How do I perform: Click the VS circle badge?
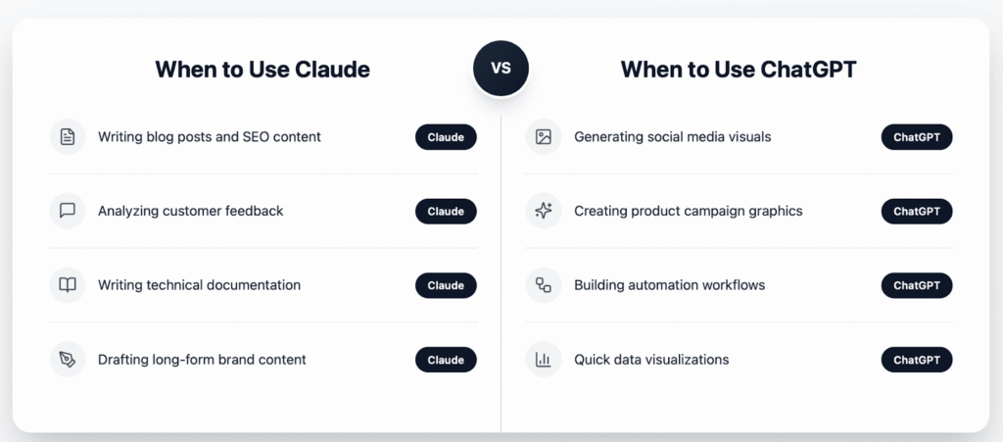(501, 69)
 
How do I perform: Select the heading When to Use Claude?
(262, 70)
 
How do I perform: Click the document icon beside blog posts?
(68, 137)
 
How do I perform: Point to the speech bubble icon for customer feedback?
(68, 211)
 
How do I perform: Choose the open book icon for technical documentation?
(68, 285)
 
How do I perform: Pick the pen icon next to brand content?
(68, 360)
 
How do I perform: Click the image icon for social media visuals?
(544, 137)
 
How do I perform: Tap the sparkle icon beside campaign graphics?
(544, 211)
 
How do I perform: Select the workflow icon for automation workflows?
(544, 285)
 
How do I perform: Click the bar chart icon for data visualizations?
(544, 360)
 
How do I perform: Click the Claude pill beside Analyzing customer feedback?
(446, 212)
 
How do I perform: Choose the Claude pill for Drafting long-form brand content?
(446, 361)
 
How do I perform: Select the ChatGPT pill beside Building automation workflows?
(917, 286)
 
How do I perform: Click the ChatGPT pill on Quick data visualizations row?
(917, 361)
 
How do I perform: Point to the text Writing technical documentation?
(199, 285)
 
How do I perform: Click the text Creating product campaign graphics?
(688, 211)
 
